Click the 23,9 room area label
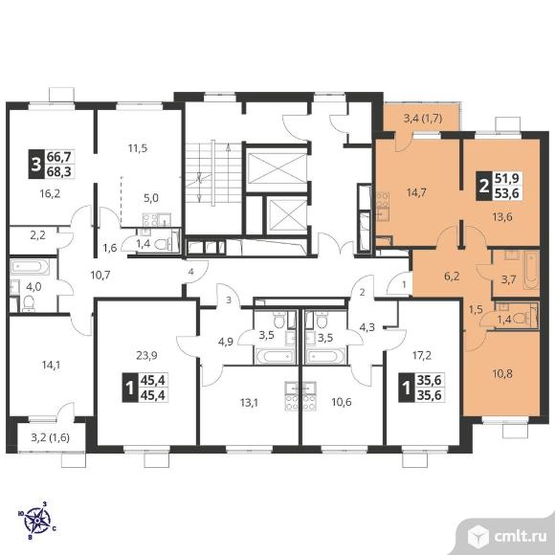click(147, 355)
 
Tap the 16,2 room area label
click(50, 193)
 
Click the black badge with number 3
click(35, 165)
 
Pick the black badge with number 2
click(483, 186)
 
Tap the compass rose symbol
click(37, 521)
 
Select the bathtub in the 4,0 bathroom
click(30, 267)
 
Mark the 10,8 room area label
click(502, 373)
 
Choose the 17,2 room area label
click(422, 355)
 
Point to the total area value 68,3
click(59, 171)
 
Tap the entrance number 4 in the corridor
click(191, 272)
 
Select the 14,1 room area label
click(51, 365)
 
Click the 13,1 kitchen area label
click(249, 403)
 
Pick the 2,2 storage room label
click(38, 235)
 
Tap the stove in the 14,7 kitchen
click(383, 200)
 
